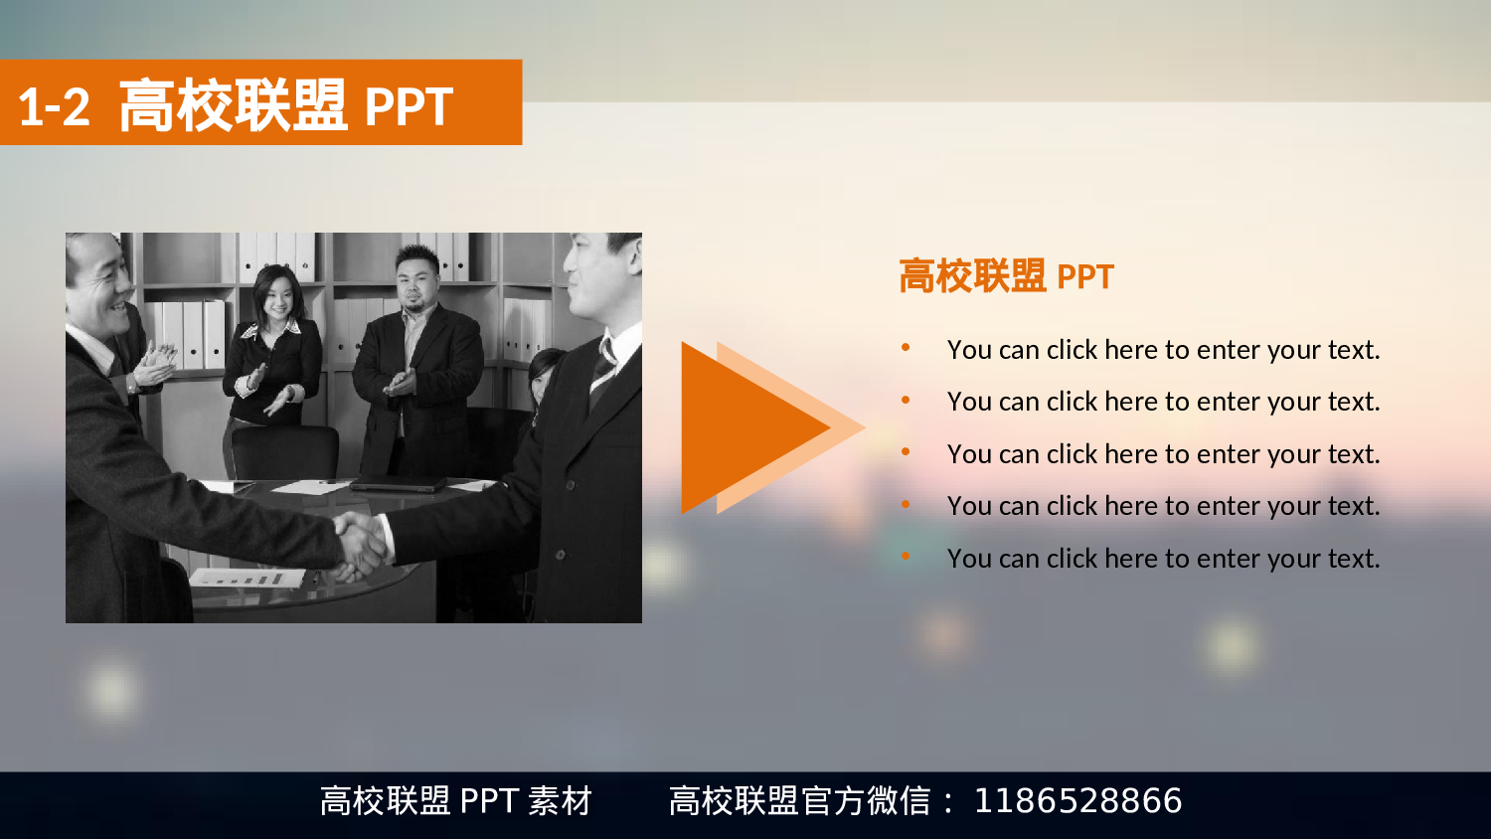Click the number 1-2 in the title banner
[x=54, y=107]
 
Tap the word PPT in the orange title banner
[x=409, y=107]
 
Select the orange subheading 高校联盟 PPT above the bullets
[x=1006, y=276]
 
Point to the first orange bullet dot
[x=906, y=347]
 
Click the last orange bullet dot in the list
[x=906, y=556]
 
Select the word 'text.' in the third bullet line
[x=1353, y=454]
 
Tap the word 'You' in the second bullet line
[x=969, y=402]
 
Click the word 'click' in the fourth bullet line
[x=1072, y=506]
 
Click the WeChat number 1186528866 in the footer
[x=1077, y=800]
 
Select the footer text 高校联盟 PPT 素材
[x=455, y=800]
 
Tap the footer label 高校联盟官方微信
[x=799, y=800]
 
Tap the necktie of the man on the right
[x=603, y=368]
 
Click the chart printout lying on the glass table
[x=247, y=577]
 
